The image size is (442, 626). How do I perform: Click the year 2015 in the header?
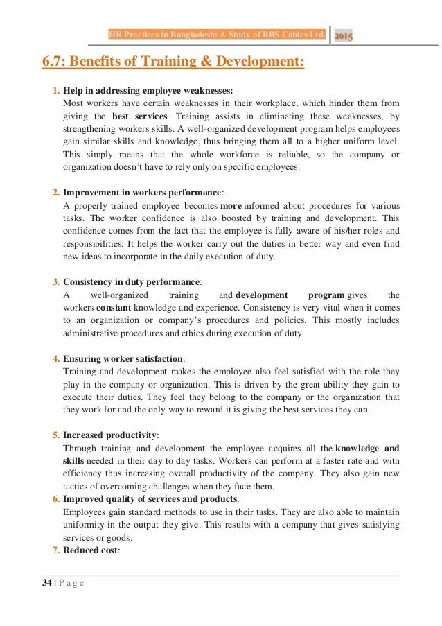pos(344,35)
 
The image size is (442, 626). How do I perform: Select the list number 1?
pos(55,91)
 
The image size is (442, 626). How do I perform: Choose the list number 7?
pos(55,550)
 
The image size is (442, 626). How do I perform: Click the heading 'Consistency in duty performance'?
pos(131,282)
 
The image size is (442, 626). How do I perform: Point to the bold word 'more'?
pos(230,206)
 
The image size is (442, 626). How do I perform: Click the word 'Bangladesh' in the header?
pos(180,35)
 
